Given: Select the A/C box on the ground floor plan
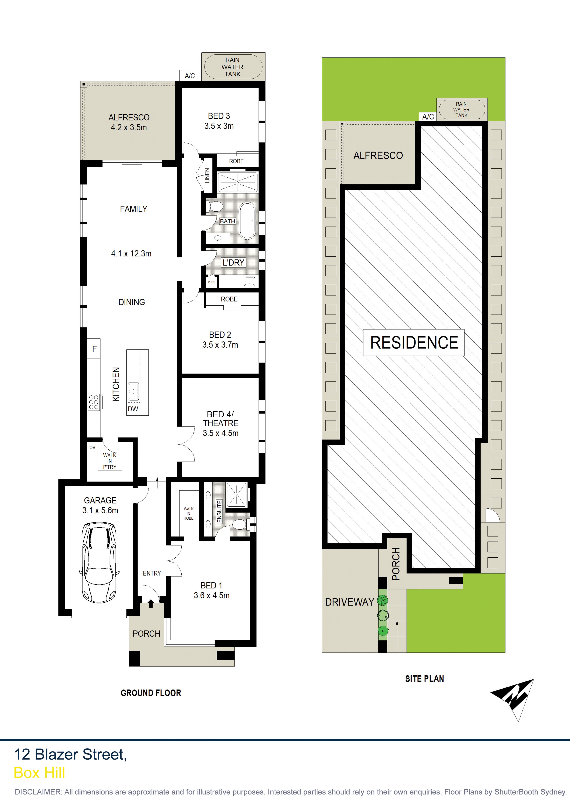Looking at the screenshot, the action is (x=190, y=75).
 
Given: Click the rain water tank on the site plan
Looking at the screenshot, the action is (x=461, y=110).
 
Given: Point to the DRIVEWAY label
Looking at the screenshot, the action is (x=350, y=602).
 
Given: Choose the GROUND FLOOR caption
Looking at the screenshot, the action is (x=151, y=693).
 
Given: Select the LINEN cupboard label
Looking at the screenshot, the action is (x=207, y=176).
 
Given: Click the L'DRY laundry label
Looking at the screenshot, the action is (x=233, y=263).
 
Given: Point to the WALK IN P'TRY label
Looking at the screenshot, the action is (x=110, y=461).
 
